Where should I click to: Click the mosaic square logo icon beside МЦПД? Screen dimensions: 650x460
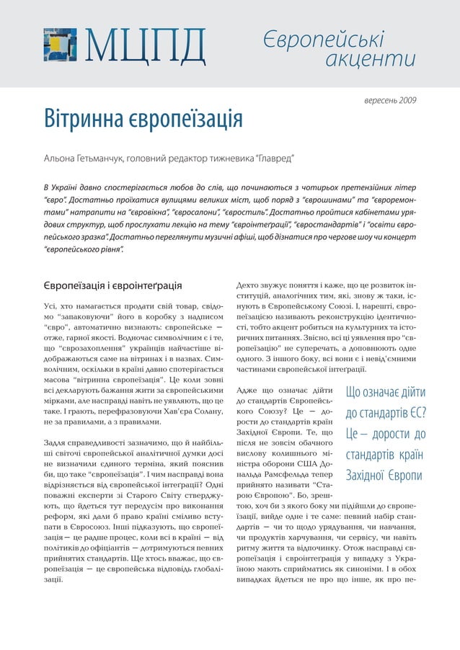[x=60, y=44]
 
